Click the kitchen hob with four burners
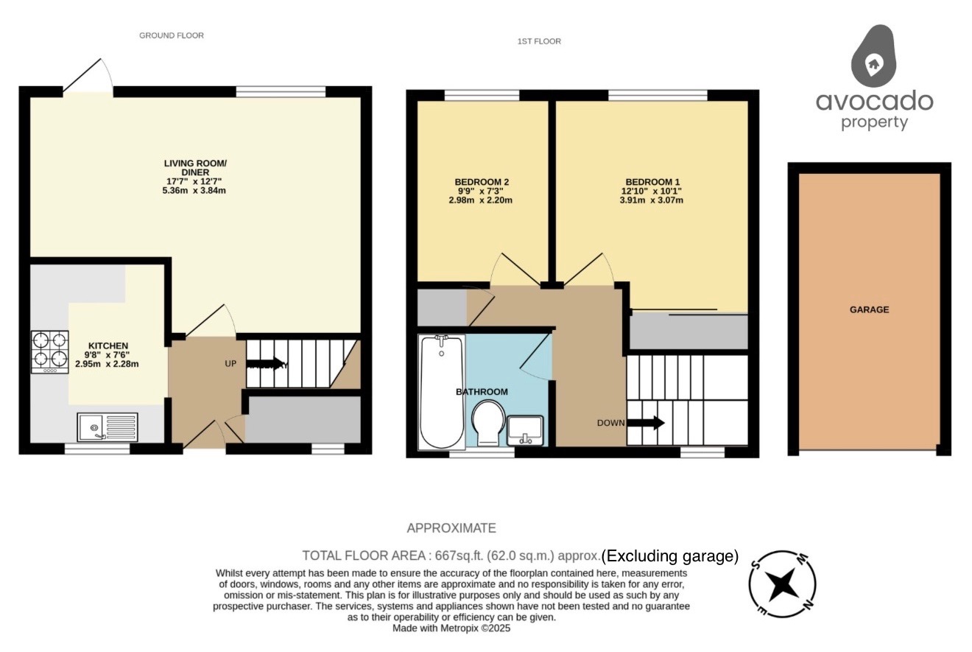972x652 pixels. tap(49, 352)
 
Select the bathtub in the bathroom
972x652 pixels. tap(441, 392)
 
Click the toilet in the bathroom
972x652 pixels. tap(487, 422)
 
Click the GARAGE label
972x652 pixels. tap(869, 310)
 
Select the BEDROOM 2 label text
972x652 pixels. tap(482, 182)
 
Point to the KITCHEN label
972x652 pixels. tap(108, 346)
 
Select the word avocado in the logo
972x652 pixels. tap(874, 101)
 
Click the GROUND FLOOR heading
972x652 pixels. tap(172, 35)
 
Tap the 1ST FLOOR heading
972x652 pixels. tap(539, 41)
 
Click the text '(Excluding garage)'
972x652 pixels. tap(670, 556)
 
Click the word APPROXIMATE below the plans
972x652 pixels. tap(451, 528)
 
